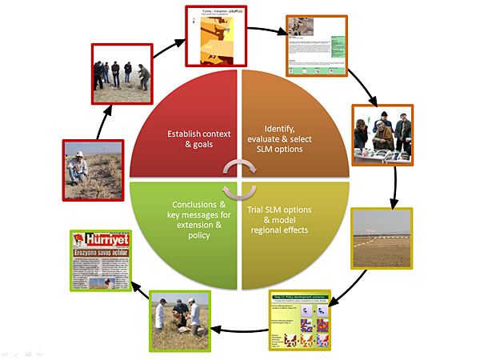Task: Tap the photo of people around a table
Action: coord(382,134)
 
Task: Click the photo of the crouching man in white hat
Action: coord(94,169)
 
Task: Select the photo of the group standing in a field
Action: coord(121,77)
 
